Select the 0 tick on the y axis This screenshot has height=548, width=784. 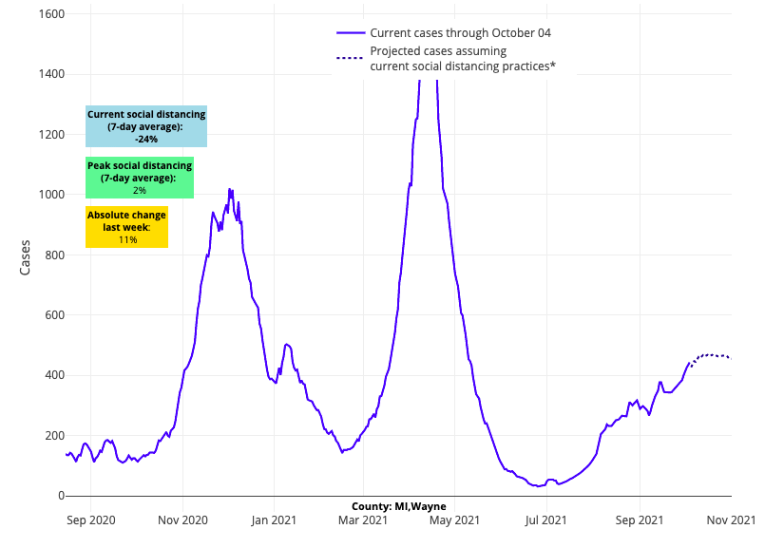[60, 496]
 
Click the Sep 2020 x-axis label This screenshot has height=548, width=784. [91, 520]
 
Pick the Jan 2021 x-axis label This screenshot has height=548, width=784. [274, 520]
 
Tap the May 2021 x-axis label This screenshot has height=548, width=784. [454, 520]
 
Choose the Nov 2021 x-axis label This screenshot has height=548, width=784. [731, 520]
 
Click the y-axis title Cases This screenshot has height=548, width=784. [26, 257]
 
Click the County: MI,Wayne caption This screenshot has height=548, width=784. [398, 506]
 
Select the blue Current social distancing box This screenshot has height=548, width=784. [146, 126]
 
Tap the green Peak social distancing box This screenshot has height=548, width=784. [140, 179]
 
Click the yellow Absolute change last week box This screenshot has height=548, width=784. [126, 227]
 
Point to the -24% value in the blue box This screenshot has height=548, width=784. [146, 139]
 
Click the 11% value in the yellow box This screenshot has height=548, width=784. [127, 240]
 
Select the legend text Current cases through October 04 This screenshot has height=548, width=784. [460, 32]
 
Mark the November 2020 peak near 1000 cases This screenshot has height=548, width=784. [229, 190]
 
